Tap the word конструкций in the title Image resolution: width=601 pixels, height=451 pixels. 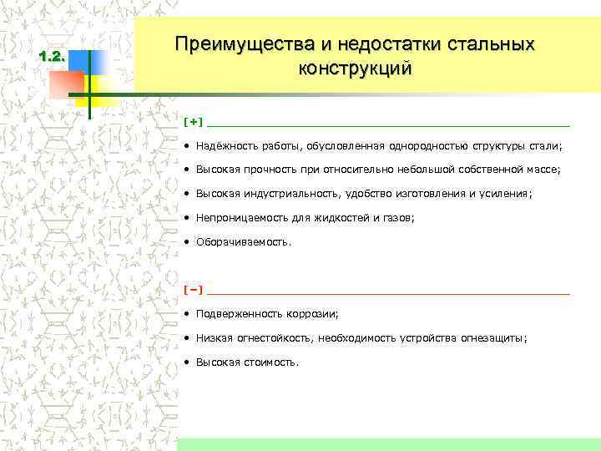coord(355,68)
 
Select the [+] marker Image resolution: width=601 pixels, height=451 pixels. coord(193,122)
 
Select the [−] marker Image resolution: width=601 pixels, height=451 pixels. coord(193,290)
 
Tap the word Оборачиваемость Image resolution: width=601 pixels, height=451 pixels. coord(243,242)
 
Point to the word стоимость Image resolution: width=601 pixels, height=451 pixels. coord(270,362)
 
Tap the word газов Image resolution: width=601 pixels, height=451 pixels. coord(396,218)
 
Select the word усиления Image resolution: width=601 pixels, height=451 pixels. coord(503,194)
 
